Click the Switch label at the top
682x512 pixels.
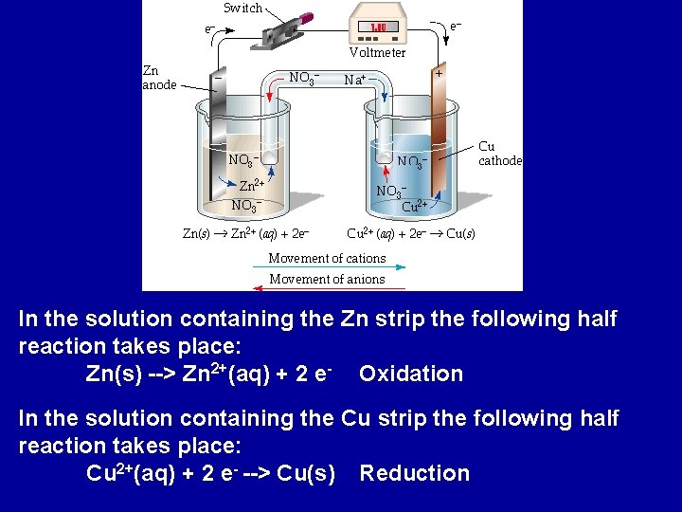click(243, 8)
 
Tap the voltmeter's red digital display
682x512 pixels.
click(377, 27)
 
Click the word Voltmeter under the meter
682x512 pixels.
click(377, 53)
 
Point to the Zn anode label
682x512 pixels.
click(158, 78)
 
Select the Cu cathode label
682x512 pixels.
click(499, 154)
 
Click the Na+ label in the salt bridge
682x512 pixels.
click(356, 80)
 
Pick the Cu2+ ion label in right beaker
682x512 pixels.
click(415, 206)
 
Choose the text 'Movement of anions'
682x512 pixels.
click(327, 279)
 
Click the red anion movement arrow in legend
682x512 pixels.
click(327, 288)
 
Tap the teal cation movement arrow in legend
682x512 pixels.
click(327, 268)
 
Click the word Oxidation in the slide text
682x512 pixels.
click(411, 374)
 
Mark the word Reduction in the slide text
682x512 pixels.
click(415, 473)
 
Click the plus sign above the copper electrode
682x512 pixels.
click(439, 72)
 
